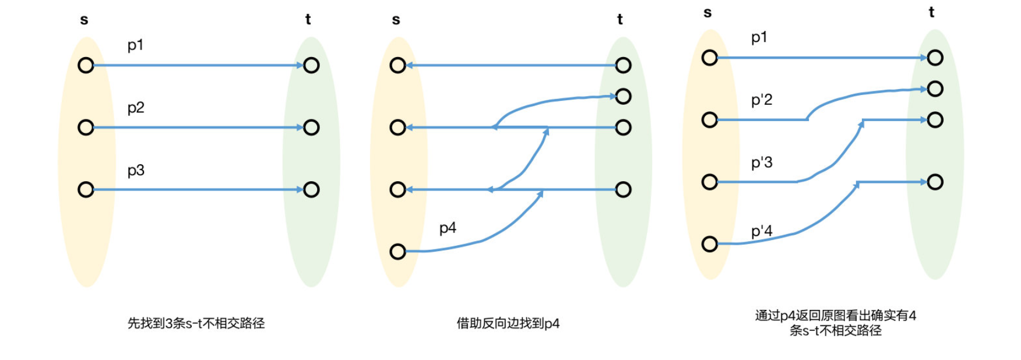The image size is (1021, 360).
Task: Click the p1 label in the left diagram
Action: click(135, 45)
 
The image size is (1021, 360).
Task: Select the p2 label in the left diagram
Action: click(135, 108)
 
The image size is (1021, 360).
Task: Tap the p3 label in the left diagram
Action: click(135, 171)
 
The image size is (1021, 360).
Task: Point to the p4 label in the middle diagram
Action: click(447, 228)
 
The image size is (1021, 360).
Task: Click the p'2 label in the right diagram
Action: click(761, 100)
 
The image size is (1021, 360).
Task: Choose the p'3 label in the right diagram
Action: click(761, 163)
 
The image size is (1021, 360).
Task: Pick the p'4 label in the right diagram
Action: click(761, 231)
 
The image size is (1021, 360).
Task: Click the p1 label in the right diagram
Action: click(759, 38)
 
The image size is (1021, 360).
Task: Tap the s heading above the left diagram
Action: click(84, 20)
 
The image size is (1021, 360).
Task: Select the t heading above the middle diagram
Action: click(619, 20)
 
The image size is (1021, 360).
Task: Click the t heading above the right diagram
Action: click(931, 12)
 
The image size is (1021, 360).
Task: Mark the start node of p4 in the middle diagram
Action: click(398, 252)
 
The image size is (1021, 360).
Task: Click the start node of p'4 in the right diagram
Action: click(709, 243)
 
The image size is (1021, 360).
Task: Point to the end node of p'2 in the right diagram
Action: click(935, 89)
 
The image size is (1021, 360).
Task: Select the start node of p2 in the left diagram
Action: click(86, 127)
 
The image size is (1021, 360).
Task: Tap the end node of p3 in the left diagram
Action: click(311, 189)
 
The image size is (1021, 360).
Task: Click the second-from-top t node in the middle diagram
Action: click(623, 96)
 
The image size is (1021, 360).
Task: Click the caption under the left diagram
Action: click(196, 323)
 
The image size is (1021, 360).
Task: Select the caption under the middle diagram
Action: click(508, 323)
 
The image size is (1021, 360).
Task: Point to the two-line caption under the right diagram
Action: click(835, 323)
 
